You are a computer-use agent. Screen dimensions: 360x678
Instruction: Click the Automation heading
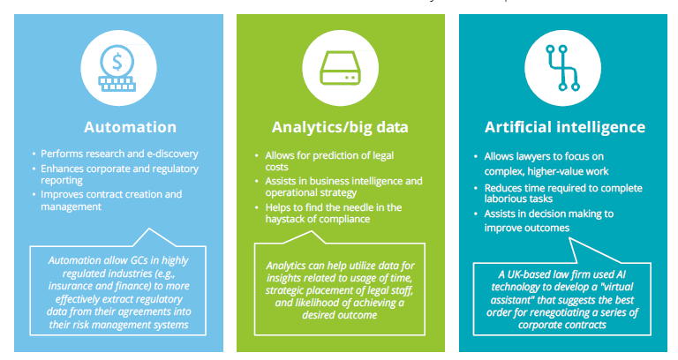tap(130, 126)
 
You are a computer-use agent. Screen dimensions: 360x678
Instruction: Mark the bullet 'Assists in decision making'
tap(546, 214)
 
